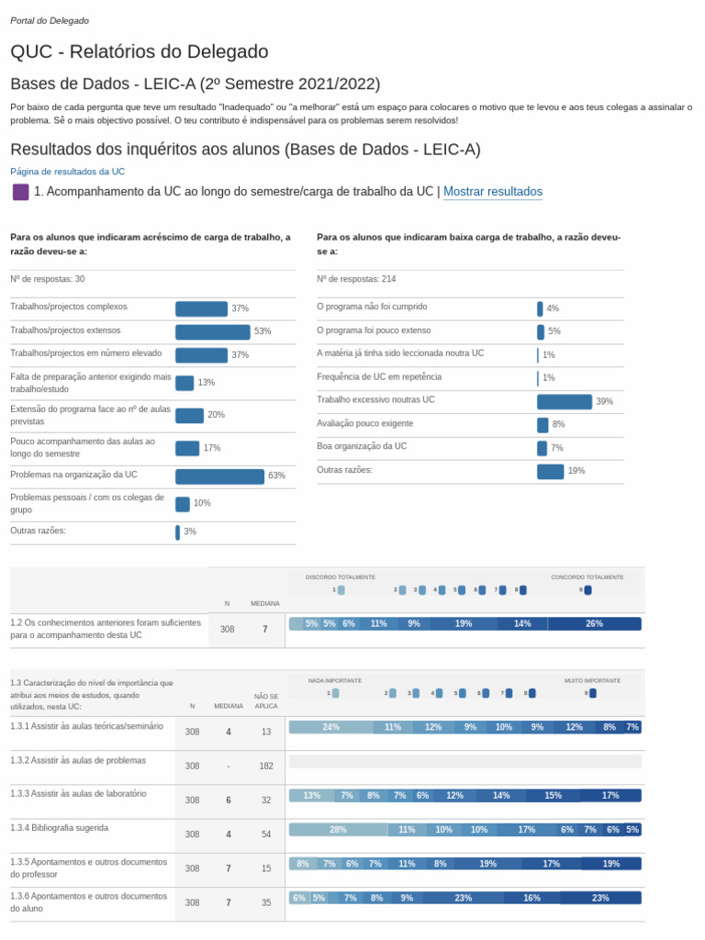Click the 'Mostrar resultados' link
tap(493, 192)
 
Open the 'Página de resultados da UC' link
tap(67, 172)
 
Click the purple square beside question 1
tap(20, 192)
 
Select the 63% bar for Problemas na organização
tap(219, 476)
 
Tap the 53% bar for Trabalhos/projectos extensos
tap(212, 331)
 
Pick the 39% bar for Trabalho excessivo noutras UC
tap(564, 401)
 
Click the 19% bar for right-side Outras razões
tap(550, 471)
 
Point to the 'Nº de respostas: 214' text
tap(356, 279)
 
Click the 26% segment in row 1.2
tap(594, 624)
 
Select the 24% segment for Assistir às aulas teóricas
tap(330, 727)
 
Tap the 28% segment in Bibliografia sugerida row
tap(338, 830)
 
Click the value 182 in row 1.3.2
tap(266, 766)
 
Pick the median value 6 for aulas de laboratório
tap(229, 800)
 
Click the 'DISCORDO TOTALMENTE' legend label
tap(341, 577)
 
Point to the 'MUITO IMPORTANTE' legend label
tap(592, 681)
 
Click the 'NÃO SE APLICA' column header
tap(266, 701)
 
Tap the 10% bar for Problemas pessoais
tap(183, 504)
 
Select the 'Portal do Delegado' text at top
tap(50, 20)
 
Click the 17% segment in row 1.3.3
tap(610, 796)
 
